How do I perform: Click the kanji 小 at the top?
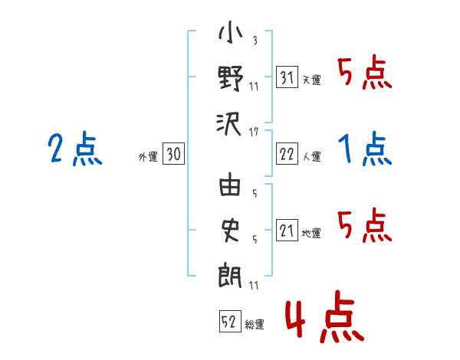[x=230, y=32]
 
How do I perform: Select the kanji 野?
[x=230, y=78]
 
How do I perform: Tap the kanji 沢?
[x=229, y=124]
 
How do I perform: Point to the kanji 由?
[x=230, y=184]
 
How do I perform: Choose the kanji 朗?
[x=230, y=276]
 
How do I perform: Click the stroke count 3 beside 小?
[x=255, y=40]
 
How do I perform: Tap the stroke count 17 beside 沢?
[x=254, y=133]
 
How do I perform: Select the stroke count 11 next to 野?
[x=254, y=87]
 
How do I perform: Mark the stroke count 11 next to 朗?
[x=254, y=285]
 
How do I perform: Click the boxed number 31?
[x=287, y=77]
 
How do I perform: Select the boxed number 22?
[x=287, y=154]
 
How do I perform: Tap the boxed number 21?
[x=287, y=230]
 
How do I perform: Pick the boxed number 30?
[x=173, y=154]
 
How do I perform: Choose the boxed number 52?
[x=230, y=321]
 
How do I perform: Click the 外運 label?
[x=148, y=157]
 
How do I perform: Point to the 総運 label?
[x=255, y=325]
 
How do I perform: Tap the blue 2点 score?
[x=75, y=149]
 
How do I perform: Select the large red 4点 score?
[x=324, y=316]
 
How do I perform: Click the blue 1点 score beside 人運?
[x=365, y=149]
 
